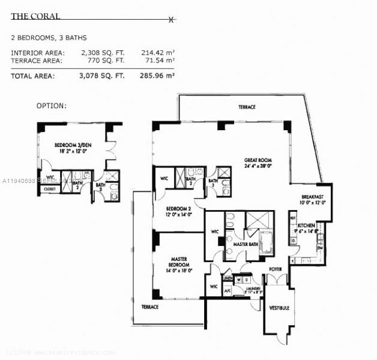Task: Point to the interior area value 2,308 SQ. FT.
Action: point(103,53)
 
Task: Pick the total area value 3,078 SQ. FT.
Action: point(103,76)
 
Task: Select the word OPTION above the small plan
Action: point(52,106)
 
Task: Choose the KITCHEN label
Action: point(306,225)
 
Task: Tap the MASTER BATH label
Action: point(245,244)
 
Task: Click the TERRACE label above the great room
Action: point(246,107)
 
